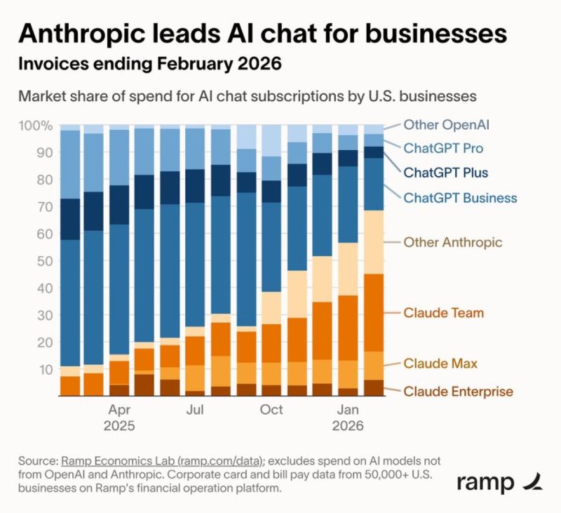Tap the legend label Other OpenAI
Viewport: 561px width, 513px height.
point(446,125)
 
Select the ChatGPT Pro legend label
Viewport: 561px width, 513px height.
point(442,149)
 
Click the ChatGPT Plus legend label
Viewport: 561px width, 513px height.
point(445,172)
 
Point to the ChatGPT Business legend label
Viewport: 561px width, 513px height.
point(460,197)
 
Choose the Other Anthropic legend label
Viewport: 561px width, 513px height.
point(452,242)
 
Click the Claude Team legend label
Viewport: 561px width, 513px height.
point(443,312)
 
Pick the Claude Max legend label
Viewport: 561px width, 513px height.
point(440,364)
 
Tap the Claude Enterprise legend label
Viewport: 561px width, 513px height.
point(458,392)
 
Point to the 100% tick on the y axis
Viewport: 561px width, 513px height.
point(35,126)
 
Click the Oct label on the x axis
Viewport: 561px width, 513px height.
point(271,410)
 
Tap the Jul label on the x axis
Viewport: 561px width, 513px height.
point(195,410)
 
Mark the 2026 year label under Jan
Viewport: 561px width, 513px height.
point(348,426)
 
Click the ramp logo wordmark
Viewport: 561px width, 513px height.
point(486,484)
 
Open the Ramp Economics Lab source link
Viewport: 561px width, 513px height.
point(161,460)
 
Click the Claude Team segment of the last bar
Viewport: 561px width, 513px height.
point(374,312)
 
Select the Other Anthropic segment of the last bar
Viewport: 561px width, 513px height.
point(374,242)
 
